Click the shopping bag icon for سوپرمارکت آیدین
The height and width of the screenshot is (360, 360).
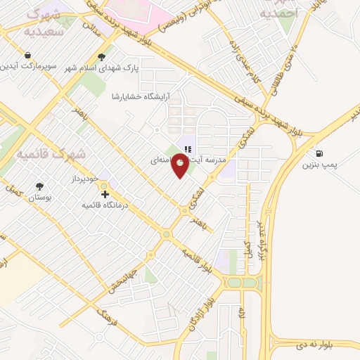(x=27, y=55)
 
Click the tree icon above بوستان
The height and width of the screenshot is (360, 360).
(x=39, y=187)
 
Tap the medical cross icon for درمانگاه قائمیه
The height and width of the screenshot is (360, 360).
(x=105, y=193)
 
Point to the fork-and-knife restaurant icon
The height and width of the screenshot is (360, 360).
(x=188, y=149)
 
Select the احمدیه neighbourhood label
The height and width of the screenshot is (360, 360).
(x=279, y=13)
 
